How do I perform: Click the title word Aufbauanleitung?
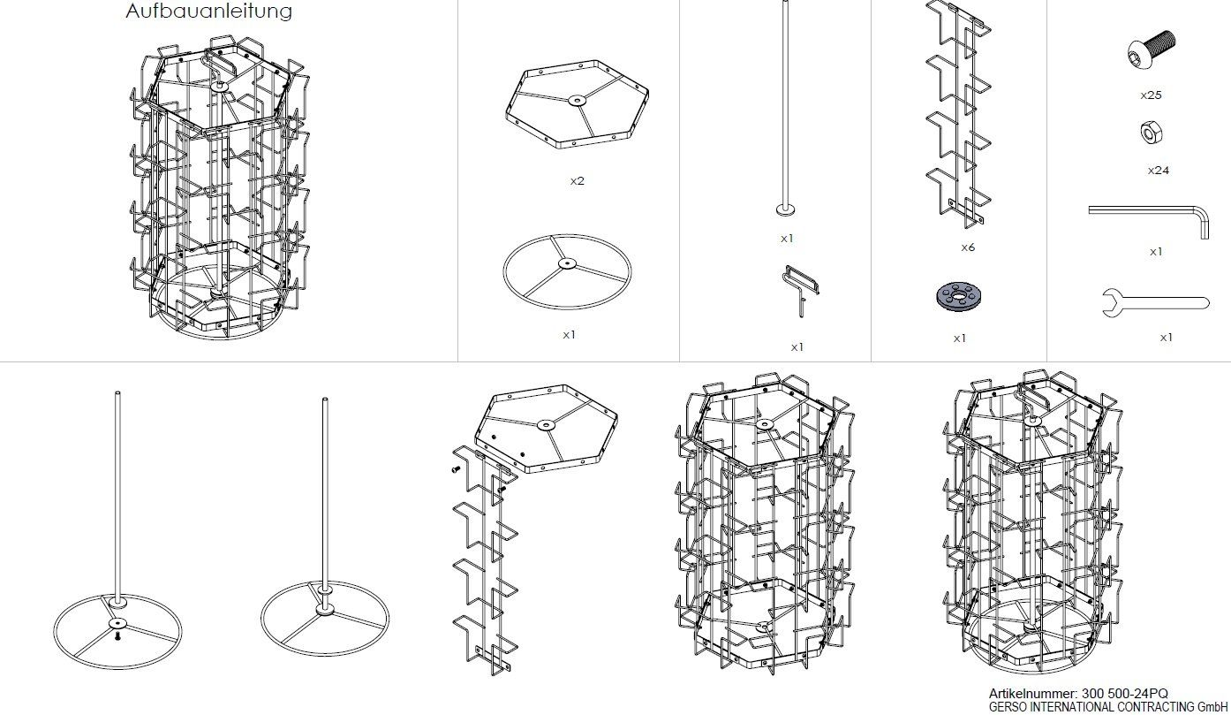click(x=208, y=11)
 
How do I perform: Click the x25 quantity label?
click(x=1151, y=95)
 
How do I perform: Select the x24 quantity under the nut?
click(x=1158, y=171)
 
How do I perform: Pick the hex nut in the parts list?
click(x=1151, y=133)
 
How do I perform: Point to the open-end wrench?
click(x=1156, y=303)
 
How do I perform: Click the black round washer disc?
click(x=958, y=297)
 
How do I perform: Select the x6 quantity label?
click(x=968, y=247)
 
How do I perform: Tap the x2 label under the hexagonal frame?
click(x=577, y=181)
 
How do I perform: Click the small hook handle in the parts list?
click(x=801, y=290)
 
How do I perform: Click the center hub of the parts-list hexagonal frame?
click(x=577, y=100)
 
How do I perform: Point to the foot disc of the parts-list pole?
click(x=785, y=209)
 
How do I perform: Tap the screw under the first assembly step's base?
click(x=117, y=636)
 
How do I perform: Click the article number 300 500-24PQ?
click(x=1125, y=694)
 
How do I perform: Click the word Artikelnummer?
click(x=1033, y=694)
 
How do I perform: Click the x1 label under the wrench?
click(x=1167, y=338)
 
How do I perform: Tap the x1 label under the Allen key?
click(x=1156, y=252)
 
